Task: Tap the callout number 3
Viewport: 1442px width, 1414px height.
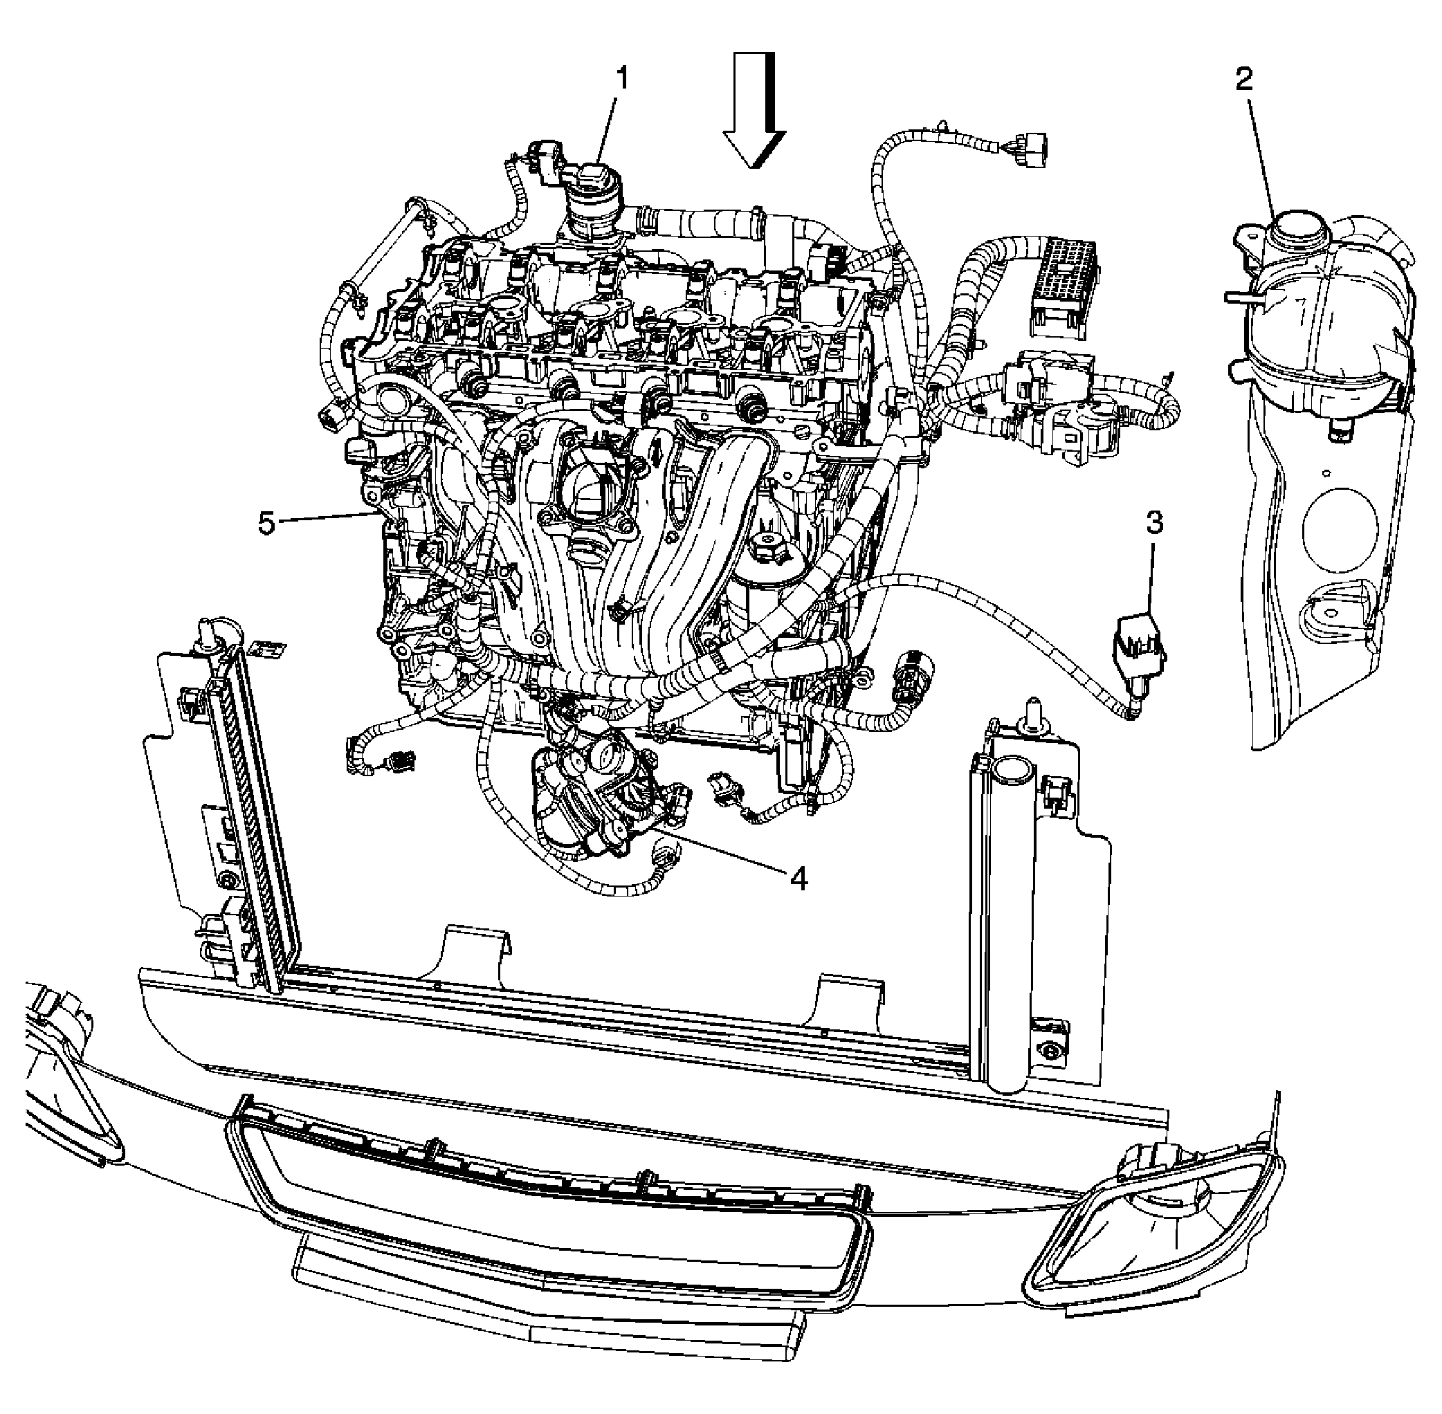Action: [1153, 523]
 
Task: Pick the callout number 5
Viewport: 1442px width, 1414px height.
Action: [266, 524]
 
